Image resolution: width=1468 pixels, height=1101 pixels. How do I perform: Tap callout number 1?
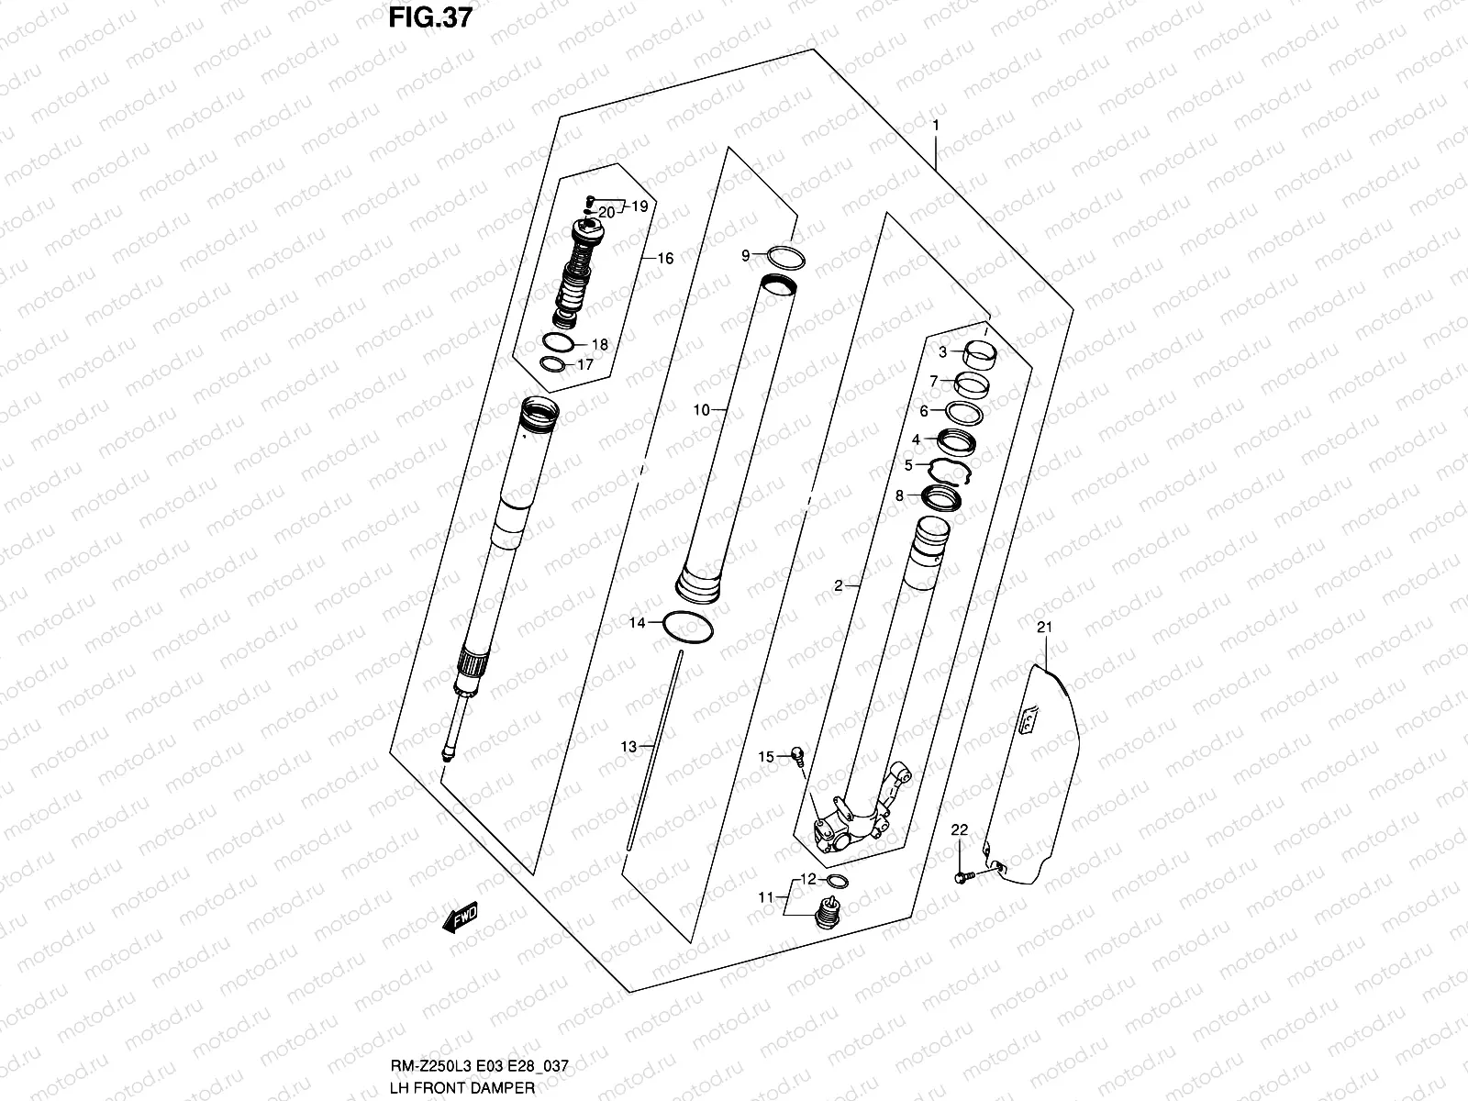tap(935, 124)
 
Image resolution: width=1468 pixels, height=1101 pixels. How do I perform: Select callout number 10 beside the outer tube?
tap(701, 410)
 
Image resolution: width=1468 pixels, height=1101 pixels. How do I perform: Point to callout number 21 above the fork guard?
tap(1042, 628)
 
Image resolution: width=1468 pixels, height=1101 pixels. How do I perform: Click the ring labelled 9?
tap(785, 256)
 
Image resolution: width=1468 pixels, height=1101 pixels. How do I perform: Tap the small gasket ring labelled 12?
tap(836, 882)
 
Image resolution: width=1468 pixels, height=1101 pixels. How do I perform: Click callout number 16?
tap(664, 259)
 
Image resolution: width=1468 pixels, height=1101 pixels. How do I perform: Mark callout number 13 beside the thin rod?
tap(628, 747)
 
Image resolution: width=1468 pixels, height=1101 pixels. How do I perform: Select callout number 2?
tap(838, 585)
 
